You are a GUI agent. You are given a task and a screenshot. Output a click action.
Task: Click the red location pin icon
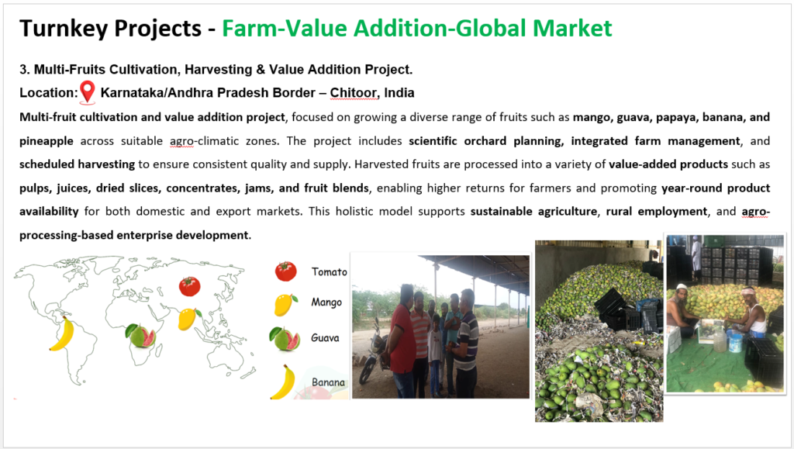(x=88, y=92)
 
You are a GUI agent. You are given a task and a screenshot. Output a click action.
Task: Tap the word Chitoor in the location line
(x=354, y=92)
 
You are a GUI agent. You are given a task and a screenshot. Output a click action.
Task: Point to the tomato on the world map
(x=189, y=286)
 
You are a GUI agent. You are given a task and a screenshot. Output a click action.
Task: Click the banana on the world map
(x=62, y=333)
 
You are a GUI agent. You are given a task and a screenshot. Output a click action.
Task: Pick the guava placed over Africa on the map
(x=140, y=336)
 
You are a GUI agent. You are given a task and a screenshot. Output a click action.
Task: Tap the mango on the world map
(x=188, y=319)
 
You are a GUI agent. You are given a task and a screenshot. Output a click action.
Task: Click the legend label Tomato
(x=329, y=272)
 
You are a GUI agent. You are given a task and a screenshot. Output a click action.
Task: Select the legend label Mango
(x=326, y=302)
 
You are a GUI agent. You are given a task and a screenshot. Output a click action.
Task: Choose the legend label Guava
(x=325, y=337)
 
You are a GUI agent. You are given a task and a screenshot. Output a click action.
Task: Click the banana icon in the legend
(x=284, y=382)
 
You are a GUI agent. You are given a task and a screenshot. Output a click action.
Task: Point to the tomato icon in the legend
(x=285, y=271)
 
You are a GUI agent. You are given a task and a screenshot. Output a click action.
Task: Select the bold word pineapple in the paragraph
(x=46, y=140)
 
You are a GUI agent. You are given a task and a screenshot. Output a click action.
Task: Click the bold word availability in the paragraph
(x=49, y=211)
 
